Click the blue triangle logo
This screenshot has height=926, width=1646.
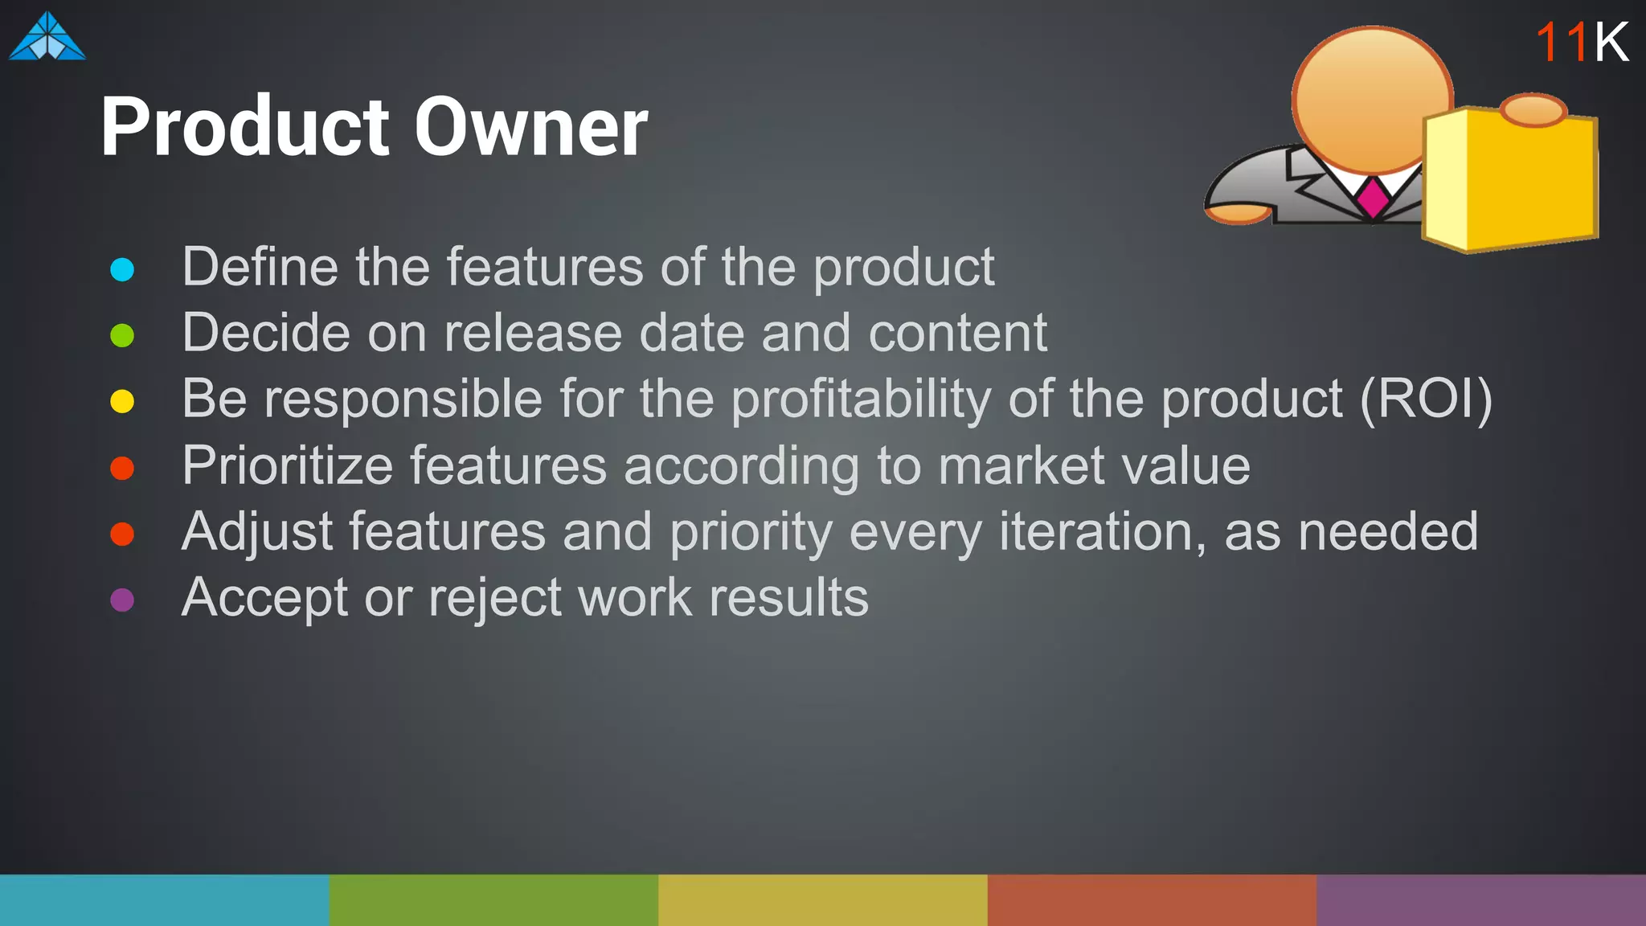coord(47,38)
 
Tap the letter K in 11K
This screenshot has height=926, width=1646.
coord(1611,43)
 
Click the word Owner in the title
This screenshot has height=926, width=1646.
coord(530,127)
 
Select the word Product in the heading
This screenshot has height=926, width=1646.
coord(246,127)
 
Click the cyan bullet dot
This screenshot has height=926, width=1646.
coord(122,269)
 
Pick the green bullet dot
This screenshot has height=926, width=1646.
coord(122,335)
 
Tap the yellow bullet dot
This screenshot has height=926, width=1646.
coord(122,401)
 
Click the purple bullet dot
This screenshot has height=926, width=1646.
coord(122,600)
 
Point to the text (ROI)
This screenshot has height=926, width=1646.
coord(1425,399)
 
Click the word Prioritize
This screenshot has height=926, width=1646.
coord(287,466)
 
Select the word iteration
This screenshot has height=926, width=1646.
coord(1102,532)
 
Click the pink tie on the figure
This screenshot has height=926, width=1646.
coord(1373,197)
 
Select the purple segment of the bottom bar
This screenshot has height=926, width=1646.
coord(1480,900)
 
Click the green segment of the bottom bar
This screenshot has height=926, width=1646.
coord(493,900)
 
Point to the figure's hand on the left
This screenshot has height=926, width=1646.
coord(1239,213)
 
